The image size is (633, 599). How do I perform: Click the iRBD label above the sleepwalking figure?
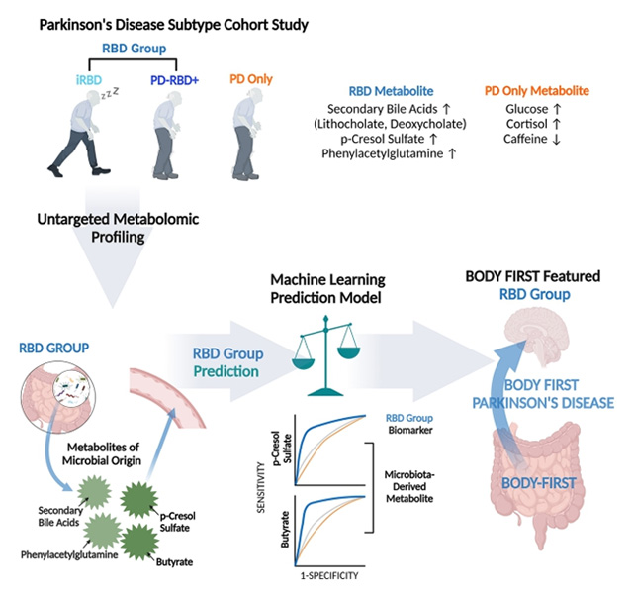point(84,77)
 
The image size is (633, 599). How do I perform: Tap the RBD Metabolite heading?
point(391,90)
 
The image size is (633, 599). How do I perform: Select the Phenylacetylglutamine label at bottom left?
point(62,555)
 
